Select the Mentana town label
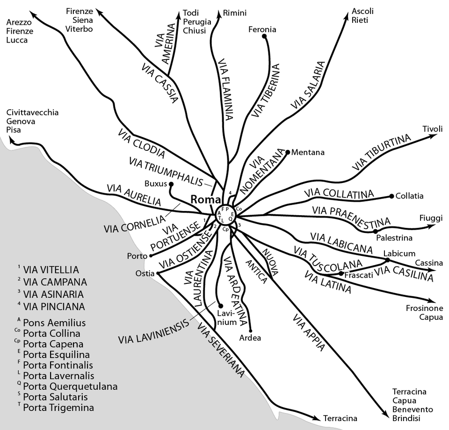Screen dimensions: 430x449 308,152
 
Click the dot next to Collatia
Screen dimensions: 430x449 391,197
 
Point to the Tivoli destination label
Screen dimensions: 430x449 432,129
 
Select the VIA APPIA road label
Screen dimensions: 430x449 309,332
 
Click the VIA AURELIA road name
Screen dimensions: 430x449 134,196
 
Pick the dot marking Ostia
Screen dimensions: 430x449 158,274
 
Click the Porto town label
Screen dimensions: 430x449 136,256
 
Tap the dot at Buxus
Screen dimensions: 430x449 171,184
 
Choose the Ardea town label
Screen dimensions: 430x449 250,338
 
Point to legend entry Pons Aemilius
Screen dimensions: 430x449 54,323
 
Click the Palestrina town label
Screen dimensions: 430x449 394,238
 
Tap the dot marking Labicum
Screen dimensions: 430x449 387,260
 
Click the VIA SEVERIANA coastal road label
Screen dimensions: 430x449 221,350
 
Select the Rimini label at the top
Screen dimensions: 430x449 234,13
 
